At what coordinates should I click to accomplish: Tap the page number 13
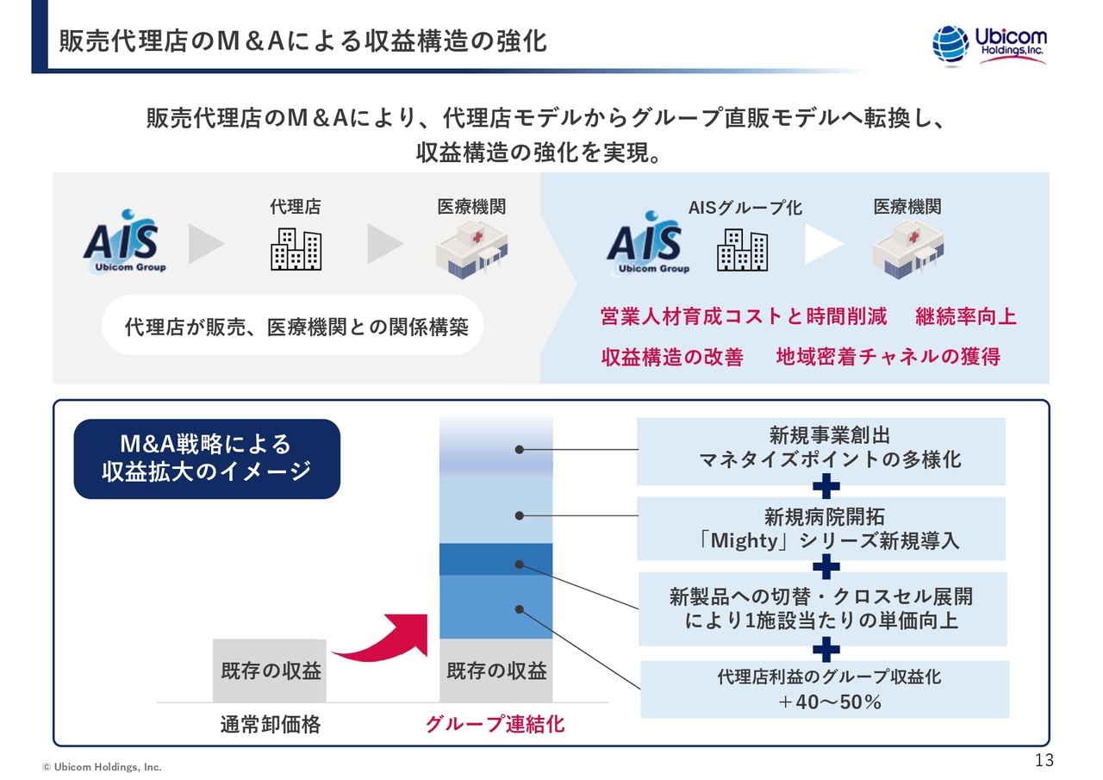pyautogui.click(x=1044, y=760)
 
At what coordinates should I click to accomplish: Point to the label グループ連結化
pyautogui.click(x=495, y=724)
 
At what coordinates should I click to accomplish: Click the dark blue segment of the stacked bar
pyautogui.click(x=495, y=558)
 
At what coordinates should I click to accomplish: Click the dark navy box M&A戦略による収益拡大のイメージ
pyautogui.click(x=207, y=459)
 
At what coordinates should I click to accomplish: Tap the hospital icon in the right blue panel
pyautogui.click(x=907, y=249)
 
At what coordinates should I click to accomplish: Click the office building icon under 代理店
pyautogui.click(x=296, y=249)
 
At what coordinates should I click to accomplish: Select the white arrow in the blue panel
pyautogui.click(x=824, y=246)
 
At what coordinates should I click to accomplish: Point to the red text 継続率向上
pyautogui.click(x=966, y=316)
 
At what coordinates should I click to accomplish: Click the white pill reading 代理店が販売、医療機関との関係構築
pyautogui.click(x=292, y=327)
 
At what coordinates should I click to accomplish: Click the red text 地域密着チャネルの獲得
pyautogui.click(x=888, y=357)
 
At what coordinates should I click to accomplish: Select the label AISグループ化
pyautogui.click(x=745, y=208)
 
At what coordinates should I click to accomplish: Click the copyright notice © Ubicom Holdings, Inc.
pyautogui.click(x=103, y=766)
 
